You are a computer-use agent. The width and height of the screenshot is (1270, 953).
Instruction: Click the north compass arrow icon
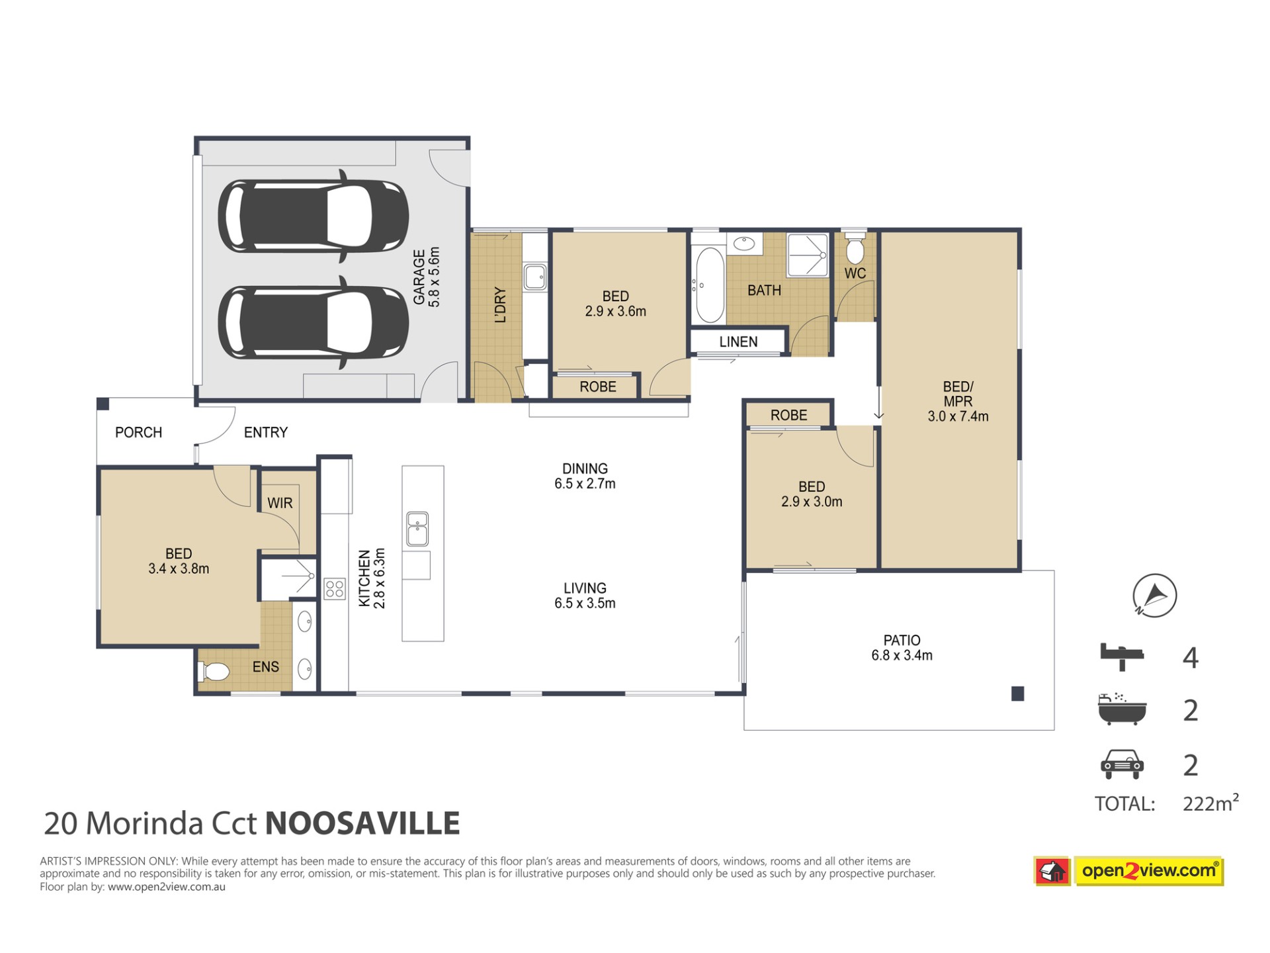[x=1154, y=595]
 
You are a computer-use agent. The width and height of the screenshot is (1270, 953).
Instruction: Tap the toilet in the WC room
[x=855, y=247]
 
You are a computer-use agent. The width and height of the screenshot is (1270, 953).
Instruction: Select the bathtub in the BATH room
[x=709, y=285]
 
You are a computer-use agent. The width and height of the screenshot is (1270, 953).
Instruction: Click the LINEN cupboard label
[x=738, y=341]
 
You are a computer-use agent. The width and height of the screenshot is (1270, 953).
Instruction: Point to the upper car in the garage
[x=314, y=216]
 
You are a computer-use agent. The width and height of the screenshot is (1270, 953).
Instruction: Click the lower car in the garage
[x=314, y=322]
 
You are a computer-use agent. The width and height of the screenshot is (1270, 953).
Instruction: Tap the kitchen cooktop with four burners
[x=335, y=588]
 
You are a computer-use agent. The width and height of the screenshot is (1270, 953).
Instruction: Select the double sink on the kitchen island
[x=417, y=529]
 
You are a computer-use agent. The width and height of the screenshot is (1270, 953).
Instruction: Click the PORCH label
[x=138, y=432]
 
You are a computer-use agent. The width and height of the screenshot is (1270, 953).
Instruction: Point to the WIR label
[x=280, y=503]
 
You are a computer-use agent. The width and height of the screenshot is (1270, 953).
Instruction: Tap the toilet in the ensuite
[x=214, y=672]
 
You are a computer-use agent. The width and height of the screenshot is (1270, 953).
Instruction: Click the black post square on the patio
[x=1018, y=694]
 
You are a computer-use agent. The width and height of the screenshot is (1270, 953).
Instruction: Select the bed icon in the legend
[x=1122, y=657]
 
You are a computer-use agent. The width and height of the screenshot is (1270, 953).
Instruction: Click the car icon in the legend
[x=1122, y=764]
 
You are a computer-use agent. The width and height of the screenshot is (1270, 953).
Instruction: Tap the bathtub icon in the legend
[x=1122, y=709]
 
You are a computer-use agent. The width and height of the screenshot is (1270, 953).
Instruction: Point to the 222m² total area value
[x=1210, y=803]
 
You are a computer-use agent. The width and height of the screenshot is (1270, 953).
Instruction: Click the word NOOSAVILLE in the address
[x=362, y=823]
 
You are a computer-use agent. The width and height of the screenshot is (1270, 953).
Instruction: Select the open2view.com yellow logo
[x=1150, y=871]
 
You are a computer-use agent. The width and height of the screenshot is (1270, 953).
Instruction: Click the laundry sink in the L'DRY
[x=535, y=277]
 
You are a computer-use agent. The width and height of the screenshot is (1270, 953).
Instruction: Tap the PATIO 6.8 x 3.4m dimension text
[x=902, y=648]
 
